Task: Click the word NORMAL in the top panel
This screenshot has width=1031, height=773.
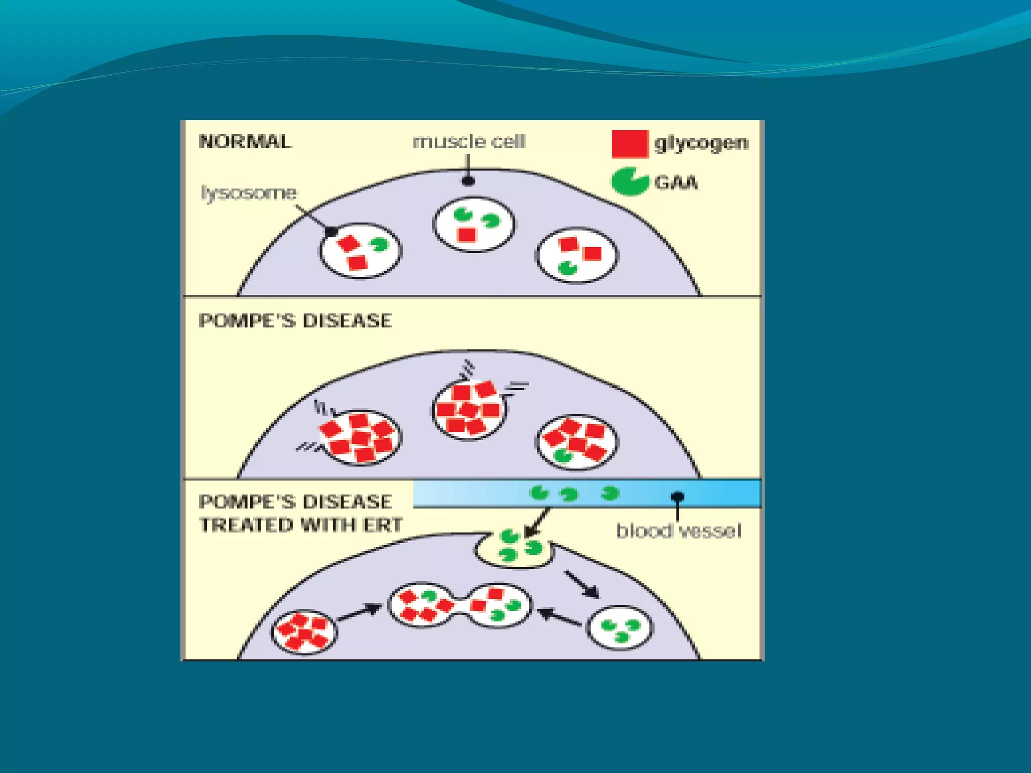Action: coord(245,141)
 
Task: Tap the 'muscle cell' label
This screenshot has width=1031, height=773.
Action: coord(469,141)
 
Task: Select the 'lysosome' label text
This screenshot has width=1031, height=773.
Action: coord(249,192)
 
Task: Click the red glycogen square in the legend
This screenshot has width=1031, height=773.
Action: coord(629,143)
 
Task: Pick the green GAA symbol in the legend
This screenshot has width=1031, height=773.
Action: coord(629,181)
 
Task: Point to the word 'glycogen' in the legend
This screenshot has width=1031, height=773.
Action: coord(701,143)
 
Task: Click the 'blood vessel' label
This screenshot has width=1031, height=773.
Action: coord(678,531)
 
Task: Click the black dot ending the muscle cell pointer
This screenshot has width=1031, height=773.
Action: coord(468,181)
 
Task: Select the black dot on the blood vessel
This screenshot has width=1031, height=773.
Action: coord(678,497)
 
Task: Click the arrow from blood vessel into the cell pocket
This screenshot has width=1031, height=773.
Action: coord(537,523)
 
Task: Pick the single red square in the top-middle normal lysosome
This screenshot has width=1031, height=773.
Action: coord(467,235)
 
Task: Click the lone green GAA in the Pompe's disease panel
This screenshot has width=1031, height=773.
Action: coord(563,456)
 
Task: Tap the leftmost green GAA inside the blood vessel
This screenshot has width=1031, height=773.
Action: coord(539,492)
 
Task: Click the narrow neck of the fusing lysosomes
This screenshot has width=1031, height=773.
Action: coord(459,605)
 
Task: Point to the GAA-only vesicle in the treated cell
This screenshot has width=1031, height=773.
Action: coord(620,628)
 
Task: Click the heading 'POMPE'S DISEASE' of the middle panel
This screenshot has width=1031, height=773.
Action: coord(295,321)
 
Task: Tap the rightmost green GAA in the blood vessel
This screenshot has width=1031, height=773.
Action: coord(610,493)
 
